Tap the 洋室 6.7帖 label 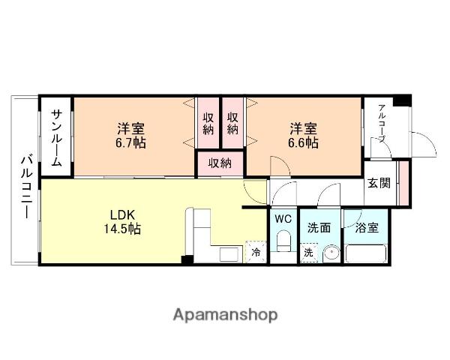coord(130,135)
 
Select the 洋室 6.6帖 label coord(304,135)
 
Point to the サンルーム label coord(57,136)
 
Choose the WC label coord(282,219)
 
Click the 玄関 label coord(378,182)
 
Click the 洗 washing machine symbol coord(308,253)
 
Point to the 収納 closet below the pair coord(220,163)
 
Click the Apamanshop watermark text coord(224,315)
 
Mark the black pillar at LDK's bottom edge coord(187,259)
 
